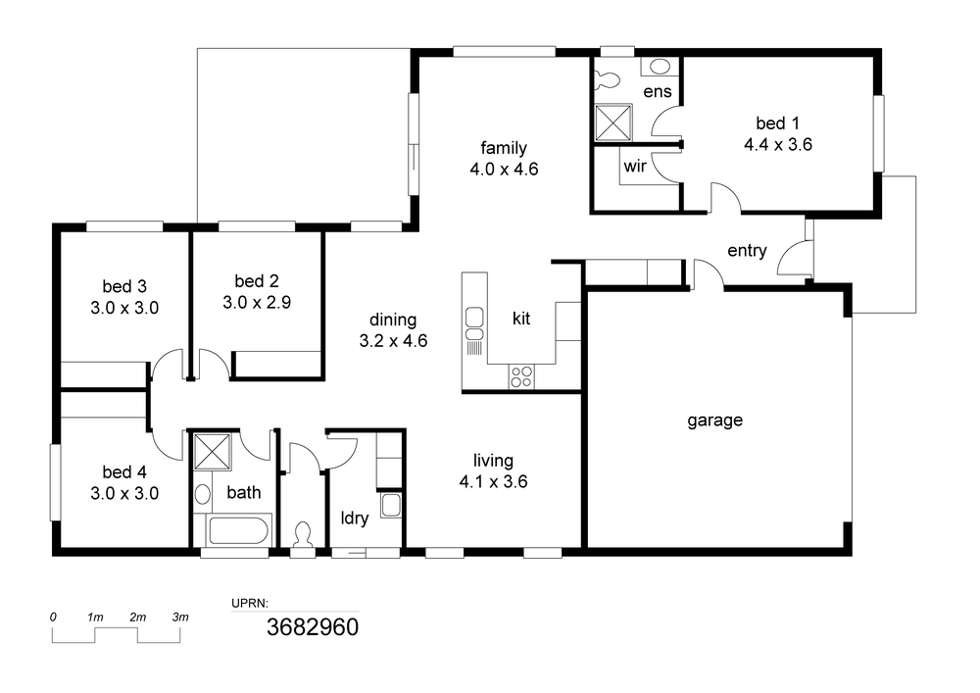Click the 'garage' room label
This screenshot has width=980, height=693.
(x=715, y=421)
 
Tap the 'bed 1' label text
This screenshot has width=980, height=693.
(x=777, y=124)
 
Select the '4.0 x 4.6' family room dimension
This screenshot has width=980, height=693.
(x=504, y=170)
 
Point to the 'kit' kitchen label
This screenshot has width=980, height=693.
(x=521, y=318)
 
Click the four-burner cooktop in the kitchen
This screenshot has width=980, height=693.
(x=521, y=376)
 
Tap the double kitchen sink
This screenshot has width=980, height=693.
(x=474, y=324)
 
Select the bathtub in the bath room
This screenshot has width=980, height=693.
(x=239, y=530)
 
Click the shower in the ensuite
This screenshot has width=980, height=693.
(x=613, y=124)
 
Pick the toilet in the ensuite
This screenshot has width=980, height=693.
(x=607, y=79)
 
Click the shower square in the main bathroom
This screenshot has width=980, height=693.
(x=213, y=450)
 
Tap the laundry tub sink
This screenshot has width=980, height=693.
(x=391, y=505)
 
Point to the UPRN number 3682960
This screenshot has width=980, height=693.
(x=313, y=626)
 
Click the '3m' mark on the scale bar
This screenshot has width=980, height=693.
(x=180, y=618)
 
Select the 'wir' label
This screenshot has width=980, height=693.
(x=635, y=167)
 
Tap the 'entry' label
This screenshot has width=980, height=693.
(x=747, y=251)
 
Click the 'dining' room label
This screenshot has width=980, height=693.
(x=393, y=320)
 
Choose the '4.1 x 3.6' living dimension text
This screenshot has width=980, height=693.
(x=493, y=482)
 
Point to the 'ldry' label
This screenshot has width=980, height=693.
(x=355, y=518)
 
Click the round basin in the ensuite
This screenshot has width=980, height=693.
(x=660, y=67)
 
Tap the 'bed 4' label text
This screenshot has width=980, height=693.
(x=124, y=471)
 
